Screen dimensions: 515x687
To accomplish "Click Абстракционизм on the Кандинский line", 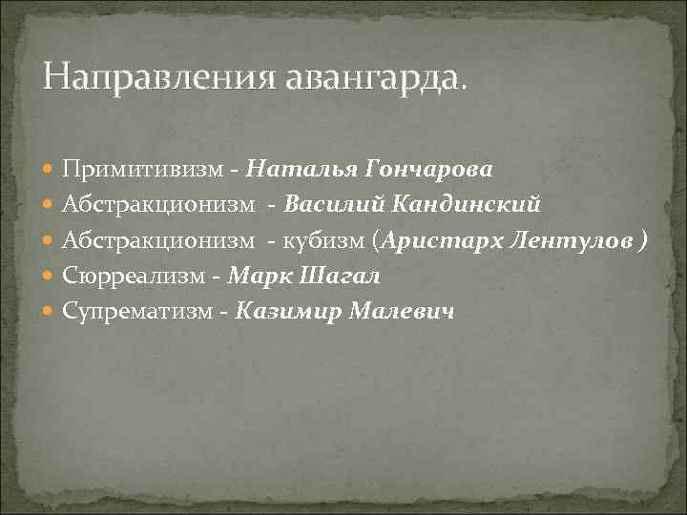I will pos(159,204).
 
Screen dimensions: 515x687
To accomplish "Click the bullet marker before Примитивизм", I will pos(50,170).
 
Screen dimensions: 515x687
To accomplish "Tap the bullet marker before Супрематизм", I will pos(50,311).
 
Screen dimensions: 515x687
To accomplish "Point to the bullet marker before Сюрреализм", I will pos(50,277).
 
